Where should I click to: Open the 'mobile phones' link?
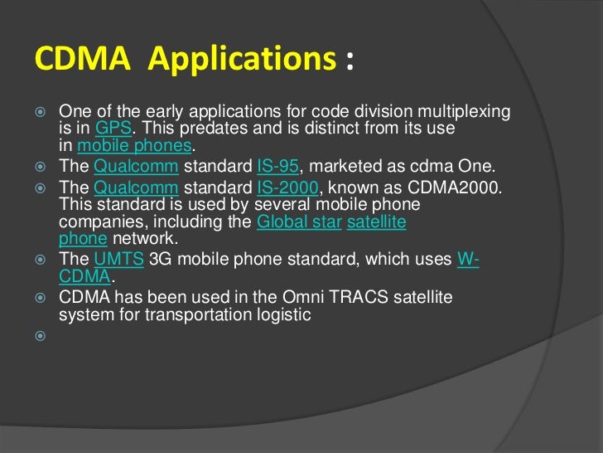[134, 146]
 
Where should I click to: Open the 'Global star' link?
[299, 222]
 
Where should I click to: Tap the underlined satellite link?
[376, 222]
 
